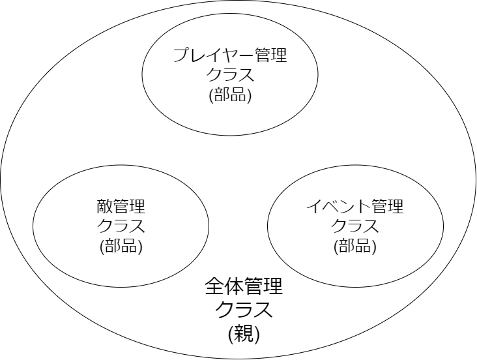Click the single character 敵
[104, 207]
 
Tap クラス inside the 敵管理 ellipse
[121, 227]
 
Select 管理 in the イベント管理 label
[388, 207]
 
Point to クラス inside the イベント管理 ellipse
[355, 227]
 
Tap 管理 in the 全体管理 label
[264, 287]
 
